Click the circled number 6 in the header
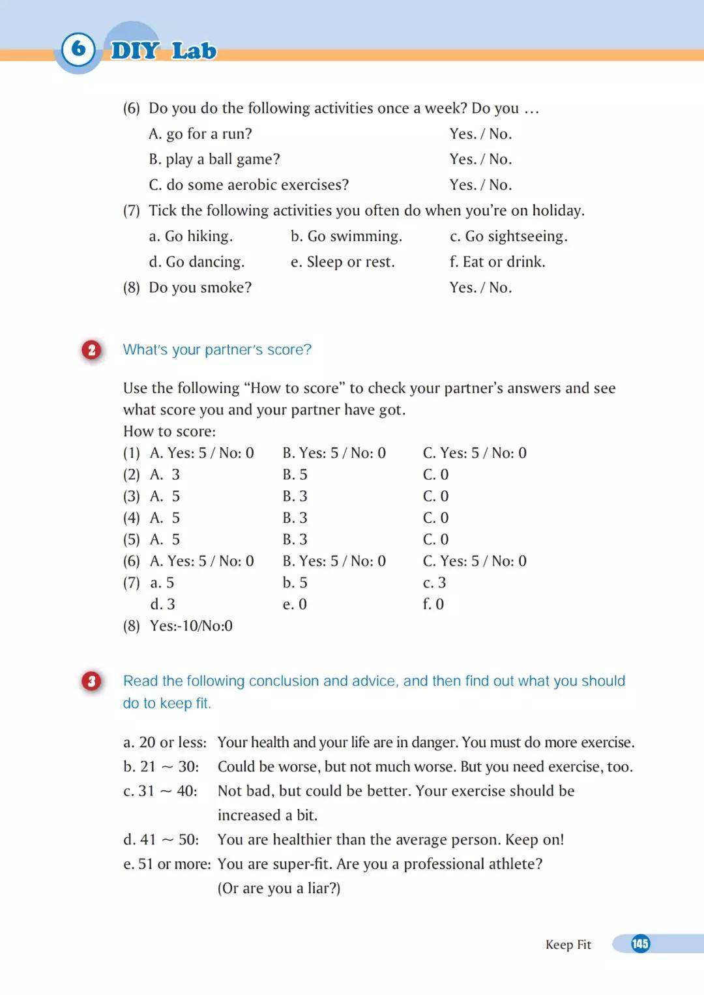coord(78,48)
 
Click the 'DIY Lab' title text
coord(164,51)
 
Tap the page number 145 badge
coord(640,943)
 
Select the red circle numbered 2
coord(92,350)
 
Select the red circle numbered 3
coord(92,681)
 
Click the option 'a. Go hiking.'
coord(190,236)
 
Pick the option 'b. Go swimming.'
coord(346,236)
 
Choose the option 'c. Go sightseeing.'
coord(508,236)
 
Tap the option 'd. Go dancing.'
coord(196,262)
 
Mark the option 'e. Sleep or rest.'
coord(342,262)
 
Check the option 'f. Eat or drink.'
coord(497,262)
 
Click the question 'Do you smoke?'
coord(199,288)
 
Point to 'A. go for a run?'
coord(200,134)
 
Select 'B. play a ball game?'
coord(214,159)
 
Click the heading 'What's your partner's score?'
coord(217,350)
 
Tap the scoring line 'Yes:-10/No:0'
coord(191,626)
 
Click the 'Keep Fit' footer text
coord(568,945)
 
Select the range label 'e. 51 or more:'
coord(167,864)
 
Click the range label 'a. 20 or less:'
coord(165,743)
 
